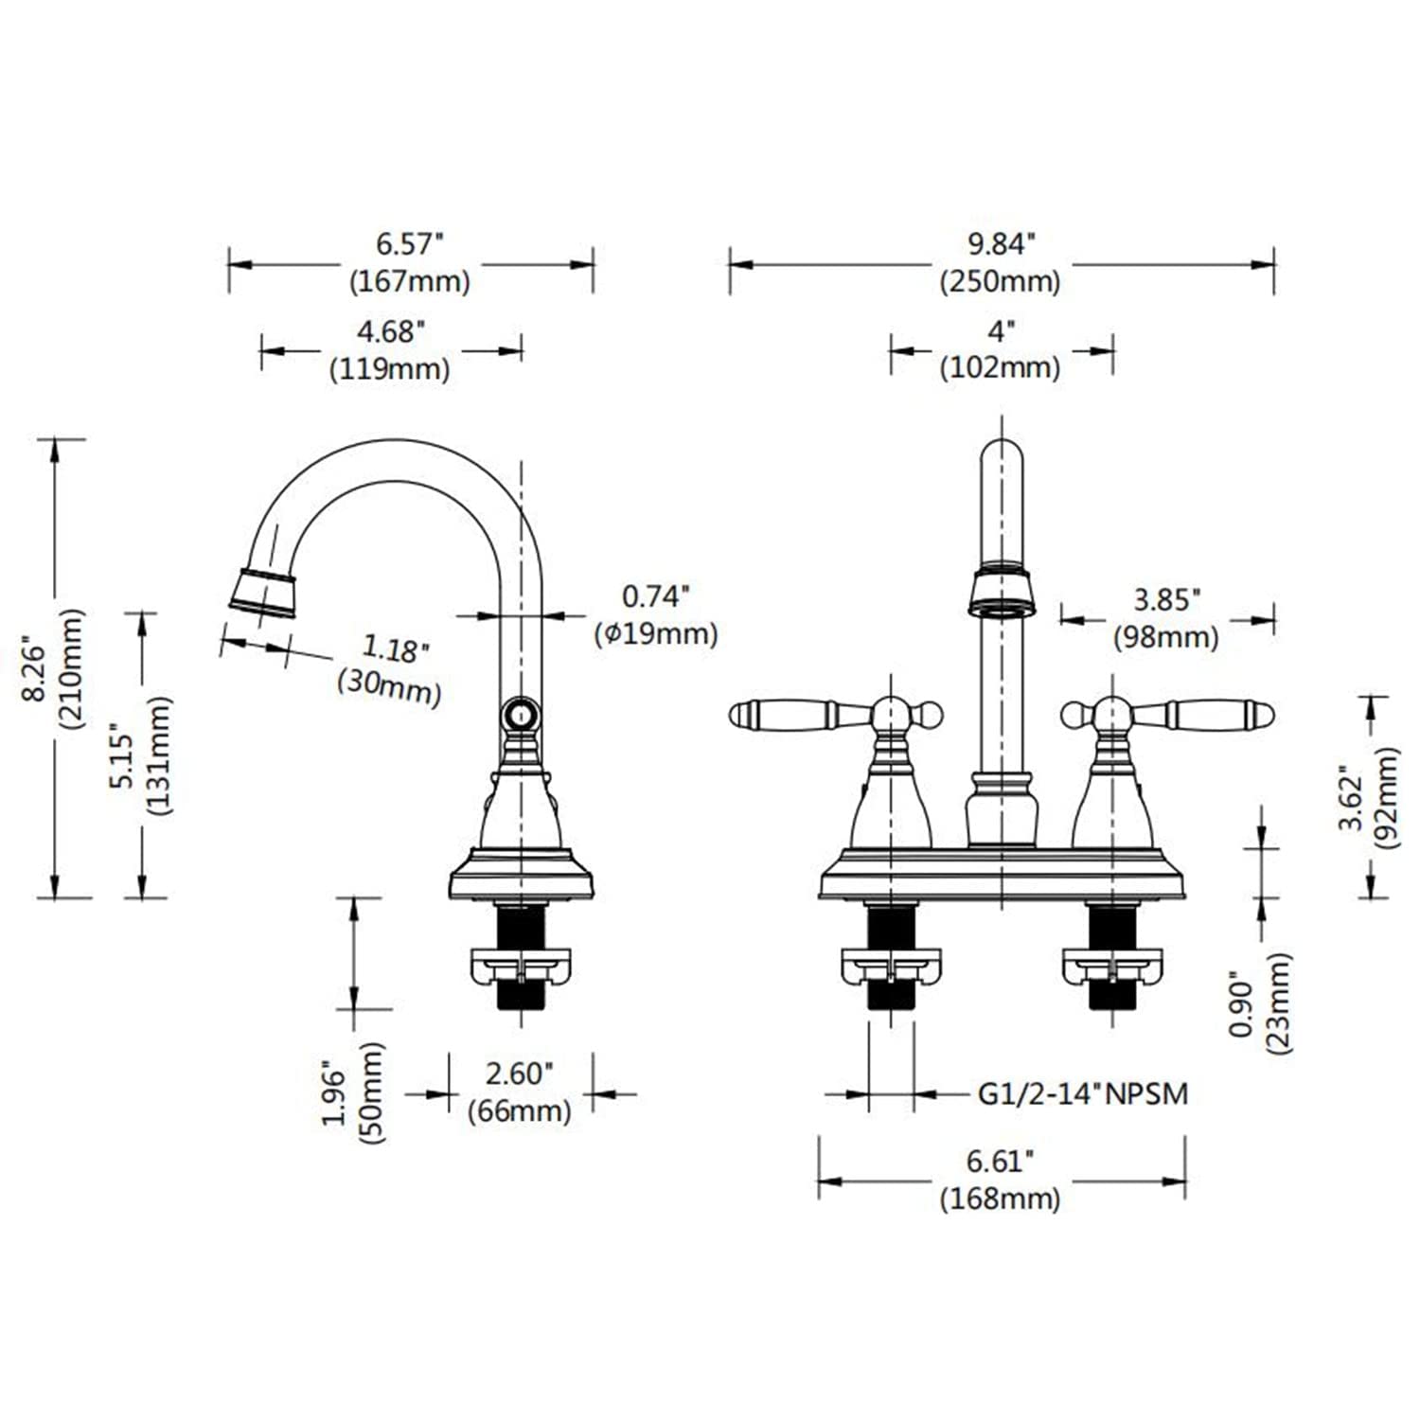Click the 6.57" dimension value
(x=409, y=244)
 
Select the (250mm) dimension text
(x=1000, y=282)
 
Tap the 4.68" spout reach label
(x=390, y=332)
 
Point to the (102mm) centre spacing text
(x=1000, y=367)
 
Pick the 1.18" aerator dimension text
(x=396, y=648)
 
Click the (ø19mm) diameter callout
(x=656, y=633)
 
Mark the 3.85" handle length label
(x=1166, y=599)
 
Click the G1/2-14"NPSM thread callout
(x=1082, y=1094)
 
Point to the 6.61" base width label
(x=1000, y=1162)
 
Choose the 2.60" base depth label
(x=518, y=1074)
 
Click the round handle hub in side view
(x=520, y=712)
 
